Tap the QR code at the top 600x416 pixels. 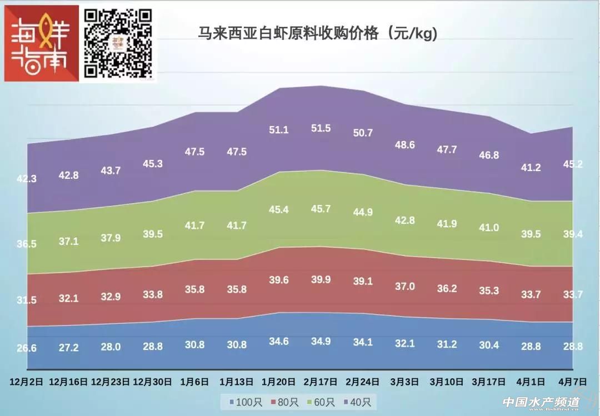[x=118, y=42]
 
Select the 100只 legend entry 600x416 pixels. [x=242, y=402]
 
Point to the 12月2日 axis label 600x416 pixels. [x=27, y=382]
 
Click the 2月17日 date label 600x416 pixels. [x=321, y=382]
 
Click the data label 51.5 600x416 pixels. [x=321, y=128]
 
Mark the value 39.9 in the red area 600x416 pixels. [x=321, y=279]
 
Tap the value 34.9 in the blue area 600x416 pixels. [x=321, y=341]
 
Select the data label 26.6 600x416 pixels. [x=27, y=348]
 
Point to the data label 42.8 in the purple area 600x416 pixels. [x=69, y=175]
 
